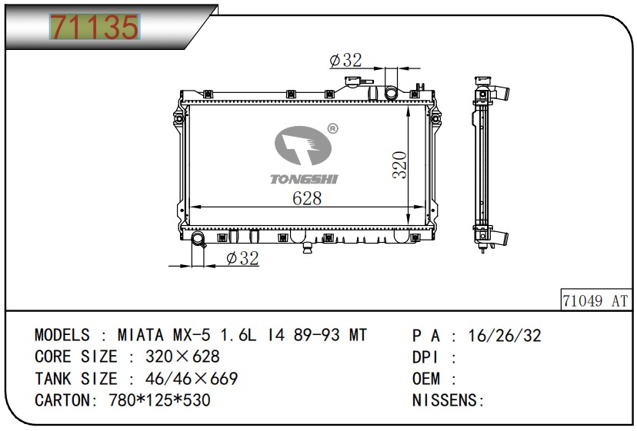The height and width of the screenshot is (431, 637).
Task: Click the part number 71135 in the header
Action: click(x=95, y=27)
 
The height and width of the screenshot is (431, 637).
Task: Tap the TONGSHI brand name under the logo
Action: click(x=305, y=179)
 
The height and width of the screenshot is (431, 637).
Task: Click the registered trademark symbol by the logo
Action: click(x=332, y=128)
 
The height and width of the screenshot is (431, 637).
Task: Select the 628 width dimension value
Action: click(x=307, y=198)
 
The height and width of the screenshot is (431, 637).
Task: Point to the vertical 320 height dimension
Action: click(x=399, y=164)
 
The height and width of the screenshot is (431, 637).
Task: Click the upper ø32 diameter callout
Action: click(x=345, y=60)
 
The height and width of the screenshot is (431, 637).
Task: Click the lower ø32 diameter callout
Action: click(x=242, y=258)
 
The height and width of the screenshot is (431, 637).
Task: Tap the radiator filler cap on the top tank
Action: click(x=352, y=81)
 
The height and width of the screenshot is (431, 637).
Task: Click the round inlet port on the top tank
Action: click(x=392, y=93)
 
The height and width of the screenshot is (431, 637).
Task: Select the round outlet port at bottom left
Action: click(x=198, y=238)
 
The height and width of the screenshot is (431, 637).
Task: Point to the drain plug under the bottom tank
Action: click(x=308, y=247)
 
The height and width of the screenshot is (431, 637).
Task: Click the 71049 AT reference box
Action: click(x=595, y=300)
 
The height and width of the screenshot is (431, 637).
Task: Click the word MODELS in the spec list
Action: click(x=62, y=335)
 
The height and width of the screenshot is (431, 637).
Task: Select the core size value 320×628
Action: click(x=182, y=356)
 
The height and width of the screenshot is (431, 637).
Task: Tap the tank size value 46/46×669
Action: click(x=192, y=379)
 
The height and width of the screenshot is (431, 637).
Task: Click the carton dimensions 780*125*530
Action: click(x=160, y=400)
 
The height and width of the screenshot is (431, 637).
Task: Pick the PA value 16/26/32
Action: click(x=505, y=336)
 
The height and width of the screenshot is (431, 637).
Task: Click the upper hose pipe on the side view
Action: click(x=502, y=93)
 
